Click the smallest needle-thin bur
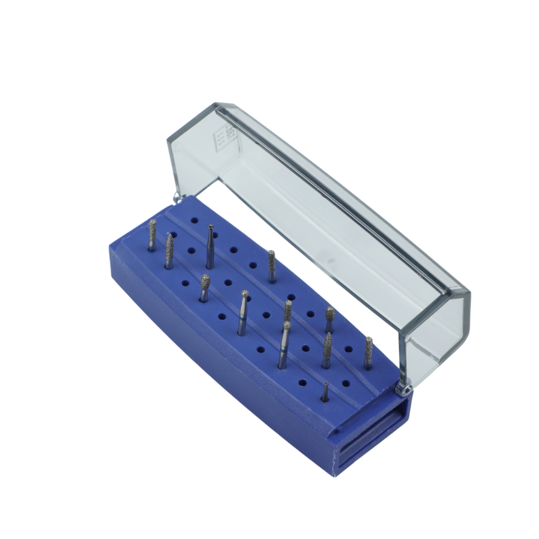[x=324, y=392]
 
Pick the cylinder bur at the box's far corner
[x=153, y=235]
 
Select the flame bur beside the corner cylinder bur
[x=169, y=251]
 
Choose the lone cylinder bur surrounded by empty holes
[x=272, y=266]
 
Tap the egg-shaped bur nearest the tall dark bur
[x=205, y=288]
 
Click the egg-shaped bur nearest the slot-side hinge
[x=329, y=320]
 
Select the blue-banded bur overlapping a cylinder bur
[x=284, y=345]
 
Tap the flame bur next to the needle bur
[x=327, y=350]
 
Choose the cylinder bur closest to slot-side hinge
[x=368, y=353]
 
